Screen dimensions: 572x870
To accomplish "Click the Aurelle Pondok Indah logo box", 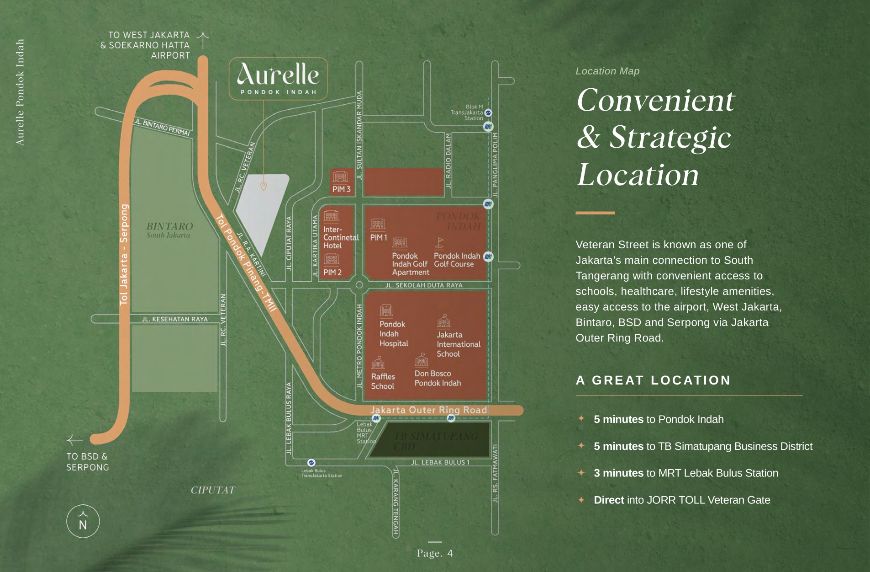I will (278, 78).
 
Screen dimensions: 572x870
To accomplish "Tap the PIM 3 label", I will (341, 189).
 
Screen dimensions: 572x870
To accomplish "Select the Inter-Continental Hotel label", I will (340, 237).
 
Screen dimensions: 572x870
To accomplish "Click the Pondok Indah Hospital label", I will (393, 334).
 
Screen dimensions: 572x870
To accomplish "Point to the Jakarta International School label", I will (458, 344).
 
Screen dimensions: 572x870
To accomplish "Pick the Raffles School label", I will (383, 381).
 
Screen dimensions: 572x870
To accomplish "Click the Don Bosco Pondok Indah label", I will (437, 378).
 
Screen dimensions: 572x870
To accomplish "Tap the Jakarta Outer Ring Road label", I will (428, 410).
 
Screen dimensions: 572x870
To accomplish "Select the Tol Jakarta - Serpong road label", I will (124, 254).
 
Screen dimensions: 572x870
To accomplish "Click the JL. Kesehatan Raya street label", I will (174, 319).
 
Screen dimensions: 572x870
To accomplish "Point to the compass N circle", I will (83, 521).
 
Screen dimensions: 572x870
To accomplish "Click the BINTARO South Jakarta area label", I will (169, 230).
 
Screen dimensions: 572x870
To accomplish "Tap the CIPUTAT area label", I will (212, 490).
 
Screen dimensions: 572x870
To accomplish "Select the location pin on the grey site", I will (264, 186).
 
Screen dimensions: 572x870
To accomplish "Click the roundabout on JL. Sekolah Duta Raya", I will (359, 285).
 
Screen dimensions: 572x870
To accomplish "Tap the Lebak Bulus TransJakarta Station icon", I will (311, 463).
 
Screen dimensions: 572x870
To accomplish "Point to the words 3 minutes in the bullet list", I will (618, 473).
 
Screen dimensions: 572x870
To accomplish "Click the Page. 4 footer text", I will (434, 553).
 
